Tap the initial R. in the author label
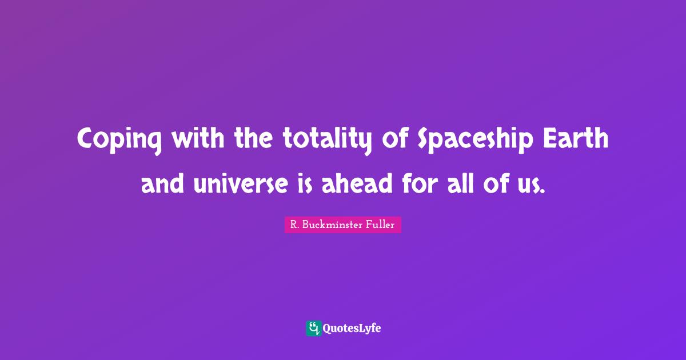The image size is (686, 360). (294, 225)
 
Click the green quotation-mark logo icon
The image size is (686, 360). (313, 328)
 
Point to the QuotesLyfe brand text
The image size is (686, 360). (352, 329)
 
